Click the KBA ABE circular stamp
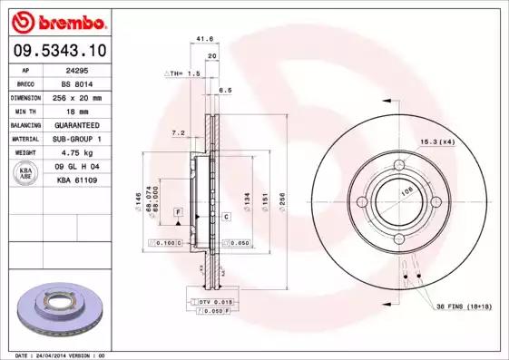[26, 173]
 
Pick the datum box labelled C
[225, 218]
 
